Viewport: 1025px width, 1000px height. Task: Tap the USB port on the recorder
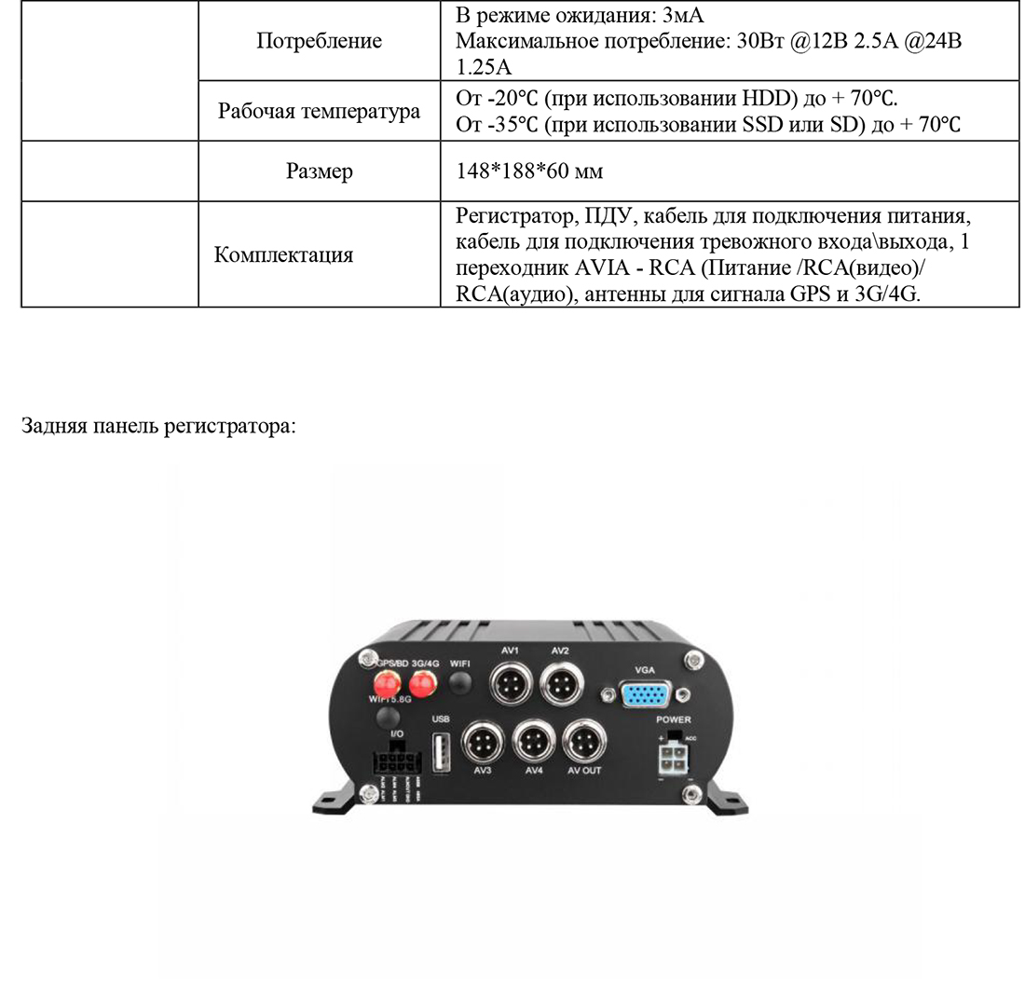pos(441,749)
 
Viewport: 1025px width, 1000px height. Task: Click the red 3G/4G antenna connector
pos(424,685)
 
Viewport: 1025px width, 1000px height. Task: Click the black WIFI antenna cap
pos(459,683)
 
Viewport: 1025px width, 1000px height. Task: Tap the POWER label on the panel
pos(674,719)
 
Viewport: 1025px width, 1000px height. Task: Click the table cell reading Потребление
pos(319,41)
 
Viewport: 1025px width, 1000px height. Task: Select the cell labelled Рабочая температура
pos(319,112)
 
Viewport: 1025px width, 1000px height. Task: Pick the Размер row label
pos(319,171)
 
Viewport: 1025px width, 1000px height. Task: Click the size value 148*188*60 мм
pos(529,171)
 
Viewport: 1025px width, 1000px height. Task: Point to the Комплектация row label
pos(283,254)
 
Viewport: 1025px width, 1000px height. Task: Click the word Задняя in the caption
pos(53,427)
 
